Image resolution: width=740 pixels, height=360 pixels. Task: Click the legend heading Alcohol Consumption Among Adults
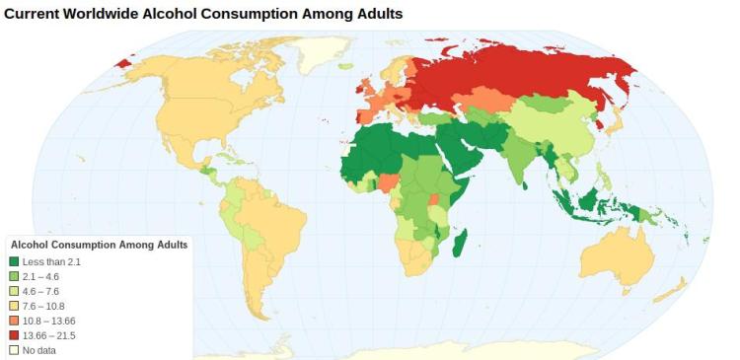coord(99,245)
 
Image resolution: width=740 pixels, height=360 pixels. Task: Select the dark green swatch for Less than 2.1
coord(14,261)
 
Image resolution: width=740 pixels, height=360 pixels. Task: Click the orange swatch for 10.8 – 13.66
coord(14,321)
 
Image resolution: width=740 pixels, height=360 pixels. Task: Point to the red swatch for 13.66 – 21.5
coord(14,335)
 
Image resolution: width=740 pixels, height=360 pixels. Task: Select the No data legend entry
coord(37,350)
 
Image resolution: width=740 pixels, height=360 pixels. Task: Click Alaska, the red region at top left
coord(123,63)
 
